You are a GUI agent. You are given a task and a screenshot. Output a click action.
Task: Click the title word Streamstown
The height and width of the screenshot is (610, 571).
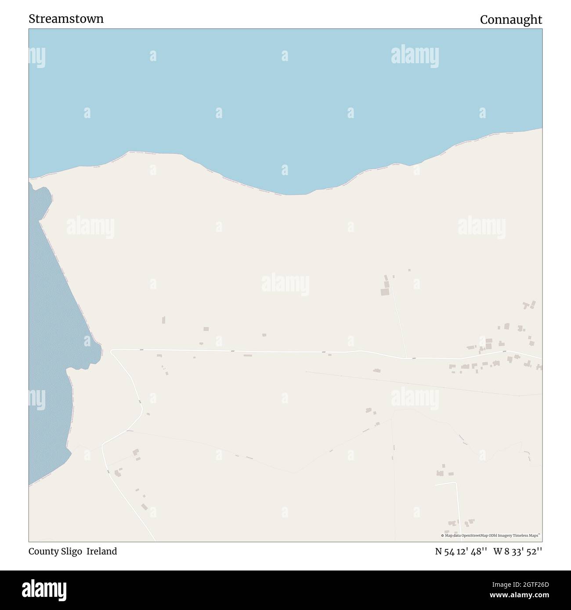coord(66,19)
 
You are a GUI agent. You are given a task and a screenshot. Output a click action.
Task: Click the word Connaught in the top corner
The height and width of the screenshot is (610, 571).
coord(511,20)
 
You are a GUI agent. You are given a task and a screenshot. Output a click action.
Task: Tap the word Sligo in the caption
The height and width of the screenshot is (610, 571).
coord(71,551)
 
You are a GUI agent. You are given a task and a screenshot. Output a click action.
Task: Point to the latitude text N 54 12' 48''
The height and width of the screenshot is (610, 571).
coord(461,551)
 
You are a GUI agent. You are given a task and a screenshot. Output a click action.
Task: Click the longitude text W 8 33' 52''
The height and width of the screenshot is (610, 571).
coord(518,551)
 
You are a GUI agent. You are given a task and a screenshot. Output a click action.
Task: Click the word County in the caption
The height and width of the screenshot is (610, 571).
coord(42,551)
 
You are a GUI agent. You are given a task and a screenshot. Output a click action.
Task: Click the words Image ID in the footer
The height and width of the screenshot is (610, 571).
coord(498,585)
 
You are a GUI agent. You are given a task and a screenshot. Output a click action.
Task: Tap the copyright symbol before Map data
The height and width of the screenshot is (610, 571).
coord(443,535)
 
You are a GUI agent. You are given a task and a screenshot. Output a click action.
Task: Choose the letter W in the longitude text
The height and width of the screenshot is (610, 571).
coord(498,551)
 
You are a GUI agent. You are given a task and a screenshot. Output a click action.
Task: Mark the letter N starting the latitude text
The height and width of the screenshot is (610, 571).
coord(438,551)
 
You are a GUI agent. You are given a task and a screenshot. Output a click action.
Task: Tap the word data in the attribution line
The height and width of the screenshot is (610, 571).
coord(455,535)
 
